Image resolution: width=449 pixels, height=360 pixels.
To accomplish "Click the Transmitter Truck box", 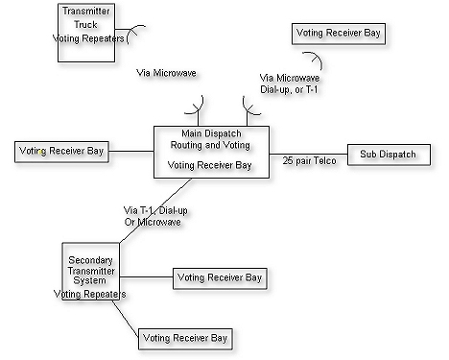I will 85,34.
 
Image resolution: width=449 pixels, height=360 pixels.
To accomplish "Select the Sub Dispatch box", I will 388,154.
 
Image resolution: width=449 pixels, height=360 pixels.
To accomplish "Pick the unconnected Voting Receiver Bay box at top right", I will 339,33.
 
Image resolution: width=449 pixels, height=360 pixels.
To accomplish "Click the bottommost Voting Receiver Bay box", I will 185,338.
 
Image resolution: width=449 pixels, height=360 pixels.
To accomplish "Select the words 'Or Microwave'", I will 153,222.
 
